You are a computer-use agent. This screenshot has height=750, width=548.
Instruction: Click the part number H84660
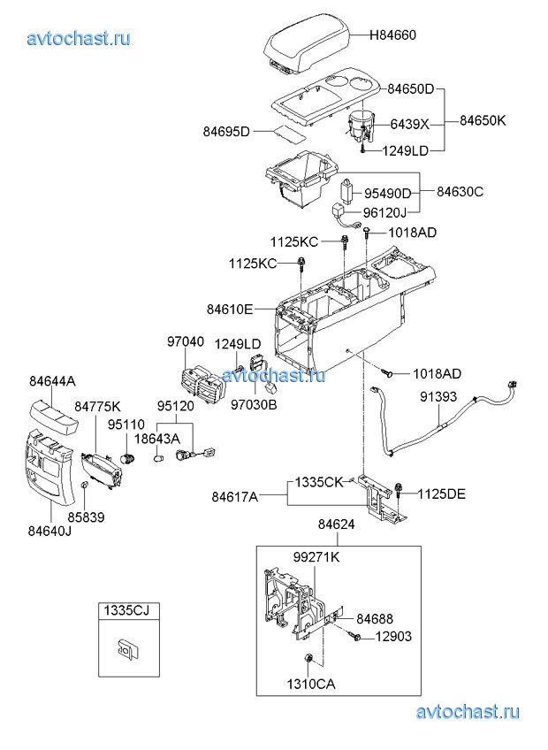tap(392, 34)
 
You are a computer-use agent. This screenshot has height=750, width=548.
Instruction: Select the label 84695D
tap(226, 131)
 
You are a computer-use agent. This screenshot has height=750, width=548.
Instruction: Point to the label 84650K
tap(483, 120)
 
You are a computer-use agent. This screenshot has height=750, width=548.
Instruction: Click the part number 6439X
tap(410, 124)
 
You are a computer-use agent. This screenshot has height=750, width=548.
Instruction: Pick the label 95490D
tap(388, 193)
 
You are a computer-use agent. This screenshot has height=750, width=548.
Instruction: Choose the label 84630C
tap(460, 191)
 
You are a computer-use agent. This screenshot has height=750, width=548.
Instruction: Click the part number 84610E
tap(230, 309)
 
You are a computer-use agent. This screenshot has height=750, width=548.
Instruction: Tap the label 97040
tap(186, 341)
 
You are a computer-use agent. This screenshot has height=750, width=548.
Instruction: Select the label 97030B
tap(254, 405)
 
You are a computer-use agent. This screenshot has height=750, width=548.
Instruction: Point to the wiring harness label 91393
tap(438, 396)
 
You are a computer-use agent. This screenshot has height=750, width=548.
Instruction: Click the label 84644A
tap(53, 381)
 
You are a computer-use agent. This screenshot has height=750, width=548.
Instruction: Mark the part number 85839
tap(86, 517)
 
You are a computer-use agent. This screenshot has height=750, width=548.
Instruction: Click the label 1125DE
tap(441, 494)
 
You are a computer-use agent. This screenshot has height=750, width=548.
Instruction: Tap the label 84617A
tap(235, 497)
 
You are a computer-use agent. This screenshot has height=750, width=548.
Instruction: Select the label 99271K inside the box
tap(316, 557)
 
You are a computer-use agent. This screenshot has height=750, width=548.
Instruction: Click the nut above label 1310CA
tap(308, 660)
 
